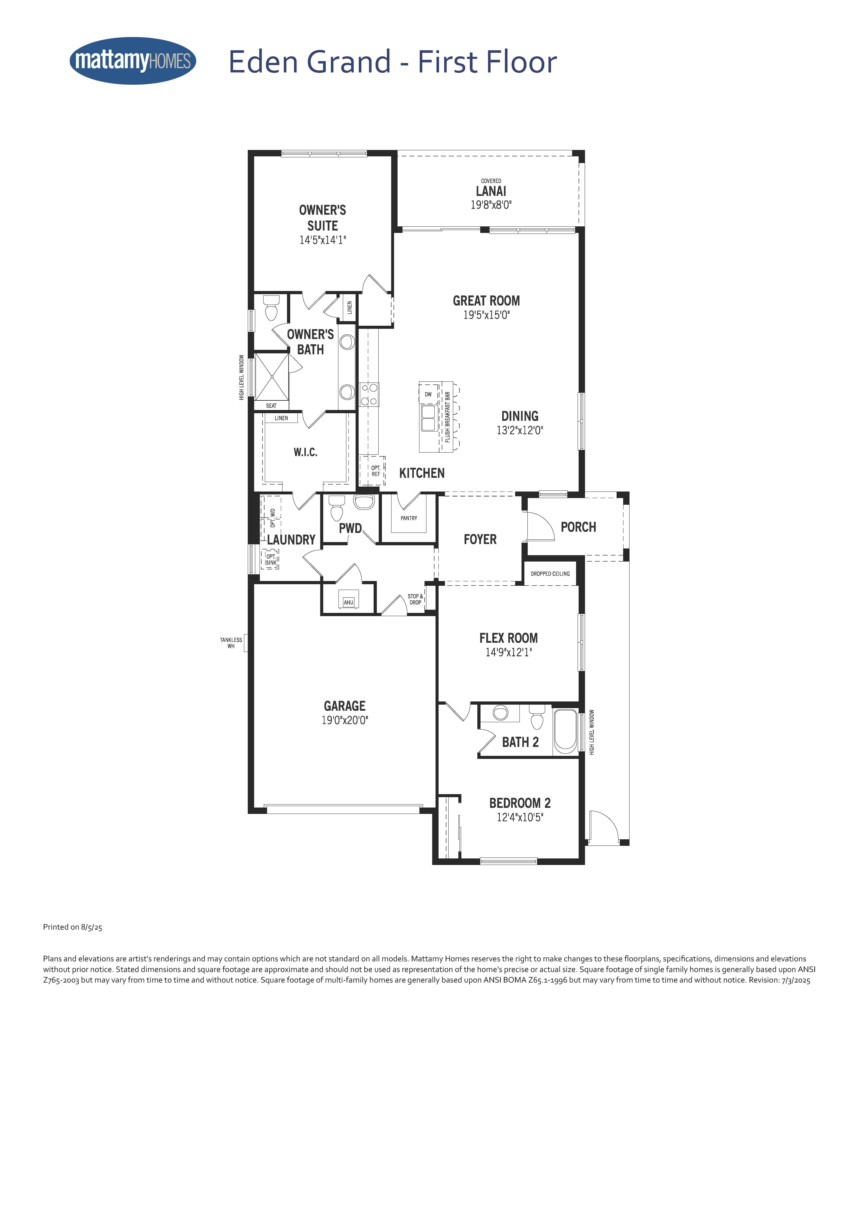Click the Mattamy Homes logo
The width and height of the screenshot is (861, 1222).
tap(133, 61)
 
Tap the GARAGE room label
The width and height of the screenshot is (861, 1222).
tap(345, 706)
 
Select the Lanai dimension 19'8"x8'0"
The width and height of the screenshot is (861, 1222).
tap(491, 205)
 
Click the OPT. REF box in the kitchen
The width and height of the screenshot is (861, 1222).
tap(373, 470)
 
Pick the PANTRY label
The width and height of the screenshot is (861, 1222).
tap(409, 518)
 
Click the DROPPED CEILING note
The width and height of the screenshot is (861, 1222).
tap(550, 574)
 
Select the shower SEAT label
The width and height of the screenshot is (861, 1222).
tap(271, 406)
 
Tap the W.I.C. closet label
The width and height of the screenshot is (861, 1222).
tap(306, 452)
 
